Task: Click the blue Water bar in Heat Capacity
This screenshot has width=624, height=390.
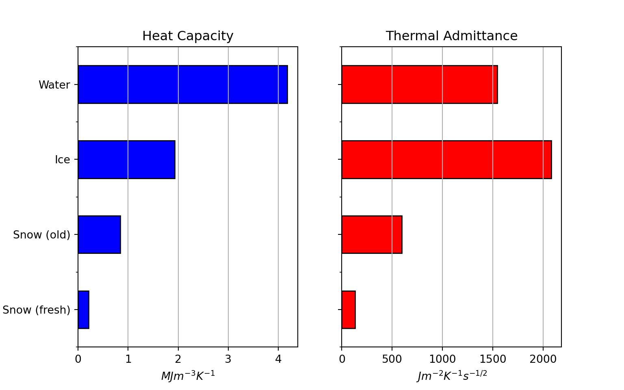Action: coord(183,84)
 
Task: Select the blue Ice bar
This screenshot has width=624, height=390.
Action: coord(126,160)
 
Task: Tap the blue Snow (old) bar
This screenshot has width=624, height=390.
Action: coord(99,234)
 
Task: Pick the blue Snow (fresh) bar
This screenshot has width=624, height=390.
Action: coord(84,310)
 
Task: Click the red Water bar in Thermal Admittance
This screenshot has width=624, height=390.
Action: coord(420,84)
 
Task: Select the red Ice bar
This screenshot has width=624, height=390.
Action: coord(446,160)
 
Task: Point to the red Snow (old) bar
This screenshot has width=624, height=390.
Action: coord(372,234)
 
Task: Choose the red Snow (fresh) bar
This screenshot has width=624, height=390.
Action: coord(349,310)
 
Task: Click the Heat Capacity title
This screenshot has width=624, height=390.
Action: coord(188,36)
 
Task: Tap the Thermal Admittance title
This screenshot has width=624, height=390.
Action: coord(451,36)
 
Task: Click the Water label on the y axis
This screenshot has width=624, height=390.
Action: coord(54,85)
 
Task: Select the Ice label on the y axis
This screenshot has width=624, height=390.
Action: coord(63,160)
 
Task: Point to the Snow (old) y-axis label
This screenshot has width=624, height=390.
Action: coord(42,235)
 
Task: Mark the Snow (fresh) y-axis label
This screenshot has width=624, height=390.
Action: coord(37,310)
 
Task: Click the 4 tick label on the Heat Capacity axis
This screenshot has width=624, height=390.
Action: coord(278,359)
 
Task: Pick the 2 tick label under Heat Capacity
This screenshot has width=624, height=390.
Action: coord(178,359)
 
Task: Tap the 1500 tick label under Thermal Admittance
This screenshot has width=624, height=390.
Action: coord(492,359)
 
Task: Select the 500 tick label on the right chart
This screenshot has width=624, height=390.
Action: coord(392,359)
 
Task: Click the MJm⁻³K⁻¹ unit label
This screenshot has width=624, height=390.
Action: coord(188,376)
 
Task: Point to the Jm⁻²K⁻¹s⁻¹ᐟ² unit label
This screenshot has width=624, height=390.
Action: coord(452,376)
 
